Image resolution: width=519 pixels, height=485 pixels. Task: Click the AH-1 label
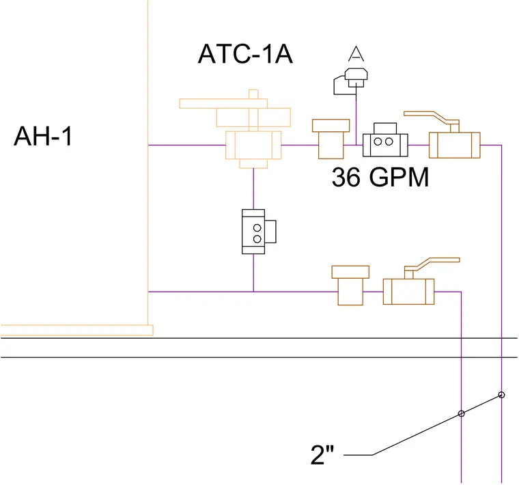43,136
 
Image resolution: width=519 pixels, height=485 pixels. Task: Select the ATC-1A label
245,54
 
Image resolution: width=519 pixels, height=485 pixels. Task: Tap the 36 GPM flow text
380,177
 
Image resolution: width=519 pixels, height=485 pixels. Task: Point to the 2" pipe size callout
322,455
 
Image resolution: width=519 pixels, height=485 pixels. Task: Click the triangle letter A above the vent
356,54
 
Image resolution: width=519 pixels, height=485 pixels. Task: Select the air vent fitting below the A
351,81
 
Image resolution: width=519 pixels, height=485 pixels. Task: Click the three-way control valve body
253,145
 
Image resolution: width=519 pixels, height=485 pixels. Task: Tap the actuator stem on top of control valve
253,110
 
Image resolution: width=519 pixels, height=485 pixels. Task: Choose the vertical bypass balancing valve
259,232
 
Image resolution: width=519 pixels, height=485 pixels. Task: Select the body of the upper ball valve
454,145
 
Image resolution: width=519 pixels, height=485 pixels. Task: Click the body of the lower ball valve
408,292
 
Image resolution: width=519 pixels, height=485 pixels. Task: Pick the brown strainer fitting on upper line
331,139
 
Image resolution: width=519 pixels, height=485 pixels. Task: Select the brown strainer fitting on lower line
350,286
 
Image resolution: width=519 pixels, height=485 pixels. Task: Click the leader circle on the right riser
501,395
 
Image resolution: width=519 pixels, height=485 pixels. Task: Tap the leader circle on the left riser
462,413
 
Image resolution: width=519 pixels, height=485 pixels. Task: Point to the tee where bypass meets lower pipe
253,292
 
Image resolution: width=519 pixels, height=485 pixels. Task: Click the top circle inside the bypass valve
257,227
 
